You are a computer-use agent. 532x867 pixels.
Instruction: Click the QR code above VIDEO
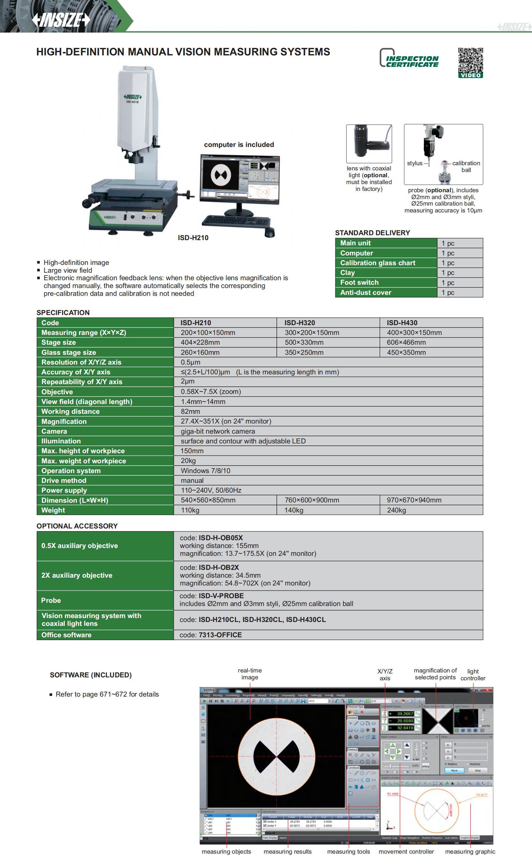click(x=470, y=60)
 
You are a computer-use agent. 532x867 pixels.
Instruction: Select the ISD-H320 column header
click(x=300, y=323)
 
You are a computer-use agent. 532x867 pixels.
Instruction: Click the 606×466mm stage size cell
click(x=406, y=342)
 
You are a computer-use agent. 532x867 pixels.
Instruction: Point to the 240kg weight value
click(x=396, y=510)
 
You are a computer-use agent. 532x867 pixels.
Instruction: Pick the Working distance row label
click(x=70, y=411)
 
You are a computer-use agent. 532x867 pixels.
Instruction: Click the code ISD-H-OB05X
click(x=220, y=538)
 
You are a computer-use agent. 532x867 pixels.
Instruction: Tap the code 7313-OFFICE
click(x=220, y=635)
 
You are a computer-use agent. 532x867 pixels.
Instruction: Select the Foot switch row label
click(x=359, y=282)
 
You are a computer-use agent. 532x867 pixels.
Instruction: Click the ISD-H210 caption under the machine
click(x=193, y=238)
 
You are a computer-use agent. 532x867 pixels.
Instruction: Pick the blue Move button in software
click(x=454, y=770)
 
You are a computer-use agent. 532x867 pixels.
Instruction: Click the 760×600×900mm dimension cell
click(x=312, y=500)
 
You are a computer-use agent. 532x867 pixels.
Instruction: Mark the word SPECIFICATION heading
click(x=63, y=312)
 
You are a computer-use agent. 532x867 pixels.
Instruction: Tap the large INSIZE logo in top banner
click(x=61, y=20)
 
